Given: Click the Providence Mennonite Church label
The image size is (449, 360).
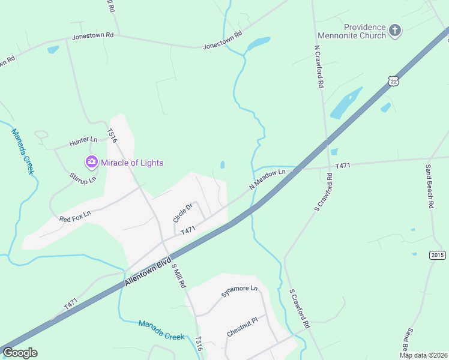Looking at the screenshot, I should [364, 31].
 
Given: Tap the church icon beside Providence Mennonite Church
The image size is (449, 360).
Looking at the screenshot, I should [394, 30].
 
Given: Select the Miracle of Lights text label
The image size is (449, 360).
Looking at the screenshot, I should [131, 163].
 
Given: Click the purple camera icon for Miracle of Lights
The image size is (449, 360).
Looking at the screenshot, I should [91, 161].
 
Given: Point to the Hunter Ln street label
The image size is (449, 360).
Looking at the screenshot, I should [83, 142].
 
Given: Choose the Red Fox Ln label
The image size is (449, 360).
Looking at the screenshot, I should [75, 215].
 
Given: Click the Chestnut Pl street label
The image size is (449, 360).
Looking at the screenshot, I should [242, 326].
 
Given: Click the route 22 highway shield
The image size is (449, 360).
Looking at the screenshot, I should [393, 81].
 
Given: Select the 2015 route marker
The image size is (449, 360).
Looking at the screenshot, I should [438, 255].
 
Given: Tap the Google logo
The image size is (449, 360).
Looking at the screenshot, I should [20, 353].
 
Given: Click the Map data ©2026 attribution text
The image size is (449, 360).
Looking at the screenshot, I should [423, 355].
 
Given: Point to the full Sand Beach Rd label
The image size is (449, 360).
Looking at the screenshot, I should [430, 186].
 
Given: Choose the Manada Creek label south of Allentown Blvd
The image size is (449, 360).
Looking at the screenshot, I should [161, 330].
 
